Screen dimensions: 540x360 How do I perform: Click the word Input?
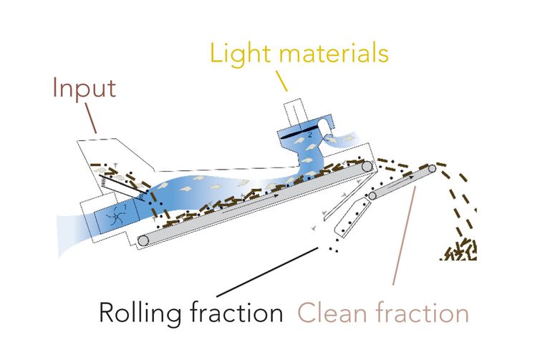[85, 89]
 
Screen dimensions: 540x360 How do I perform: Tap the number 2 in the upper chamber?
[310, 135]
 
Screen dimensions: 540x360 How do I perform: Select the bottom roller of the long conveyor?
[143, 240]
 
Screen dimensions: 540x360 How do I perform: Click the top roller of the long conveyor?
[367, 167]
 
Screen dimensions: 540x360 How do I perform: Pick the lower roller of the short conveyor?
[372, 196]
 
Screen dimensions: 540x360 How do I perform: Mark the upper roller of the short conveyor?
[432, 169]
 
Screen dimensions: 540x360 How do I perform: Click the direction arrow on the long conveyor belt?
[251, 203]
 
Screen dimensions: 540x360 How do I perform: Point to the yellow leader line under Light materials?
[281, 81]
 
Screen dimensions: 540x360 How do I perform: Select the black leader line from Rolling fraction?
[267, 272]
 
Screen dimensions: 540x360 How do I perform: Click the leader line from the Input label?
[90, 118]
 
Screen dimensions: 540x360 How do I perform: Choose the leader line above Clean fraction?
[405, 235]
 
